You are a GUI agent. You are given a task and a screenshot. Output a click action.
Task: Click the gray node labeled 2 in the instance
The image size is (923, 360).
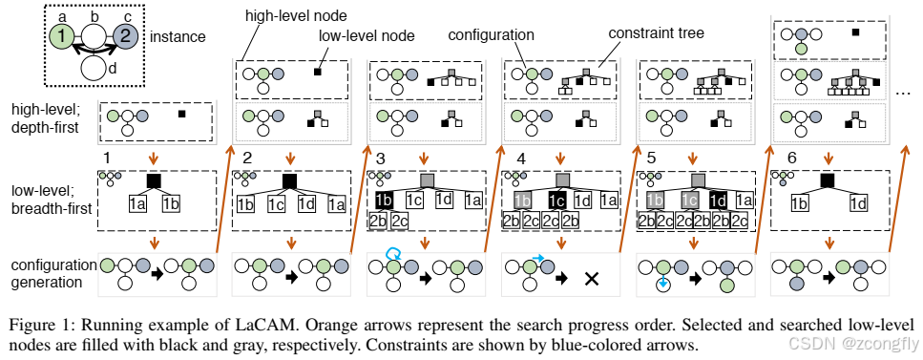pyautogui.click(x=125, y=38)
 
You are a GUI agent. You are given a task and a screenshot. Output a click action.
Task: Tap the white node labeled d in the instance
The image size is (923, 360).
pyautogui.click(x=94, y=68)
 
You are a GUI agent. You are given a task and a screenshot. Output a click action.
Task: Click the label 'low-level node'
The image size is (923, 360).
pyautogui.click(x=367, y=36)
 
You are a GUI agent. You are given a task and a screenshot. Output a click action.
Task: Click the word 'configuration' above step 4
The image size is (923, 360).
pyautogui.click(x=491, y=34)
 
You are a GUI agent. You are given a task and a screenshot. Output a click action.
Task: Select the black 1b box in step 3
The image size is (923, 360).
pyautogui.click(x=385, y=201)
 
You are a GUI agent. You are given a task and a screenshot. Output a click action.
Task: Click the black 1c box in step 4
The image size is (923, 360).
pyautogui.click(x=557, y=201)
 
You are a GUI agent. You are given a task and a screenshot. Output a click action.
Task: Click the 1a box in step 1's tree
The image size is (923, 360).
pyautogui.click(x=137, y=204)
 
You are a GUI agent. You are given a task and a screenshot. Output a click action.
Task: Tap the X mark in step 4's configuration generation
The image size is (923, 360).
pyautogui.click(x=591, y=279)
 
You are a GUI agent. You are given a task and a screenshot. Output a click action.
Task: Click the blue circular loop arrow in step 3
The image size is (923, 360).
pyautogui.click(x=392, y=253)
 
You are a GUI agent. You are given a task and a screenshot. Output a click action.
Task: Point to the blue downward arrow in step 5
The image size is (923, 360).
pyautogui.click(x=662, y=282)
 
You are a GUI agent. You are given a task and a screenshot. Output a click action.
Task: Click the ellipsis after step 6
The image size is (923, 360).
pyautogui.click(x=904, y=92)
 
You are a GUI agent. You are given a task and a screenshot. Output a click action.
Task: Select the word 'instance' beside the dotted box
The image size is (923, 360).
pyautogui.click(x=178, y=37)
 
